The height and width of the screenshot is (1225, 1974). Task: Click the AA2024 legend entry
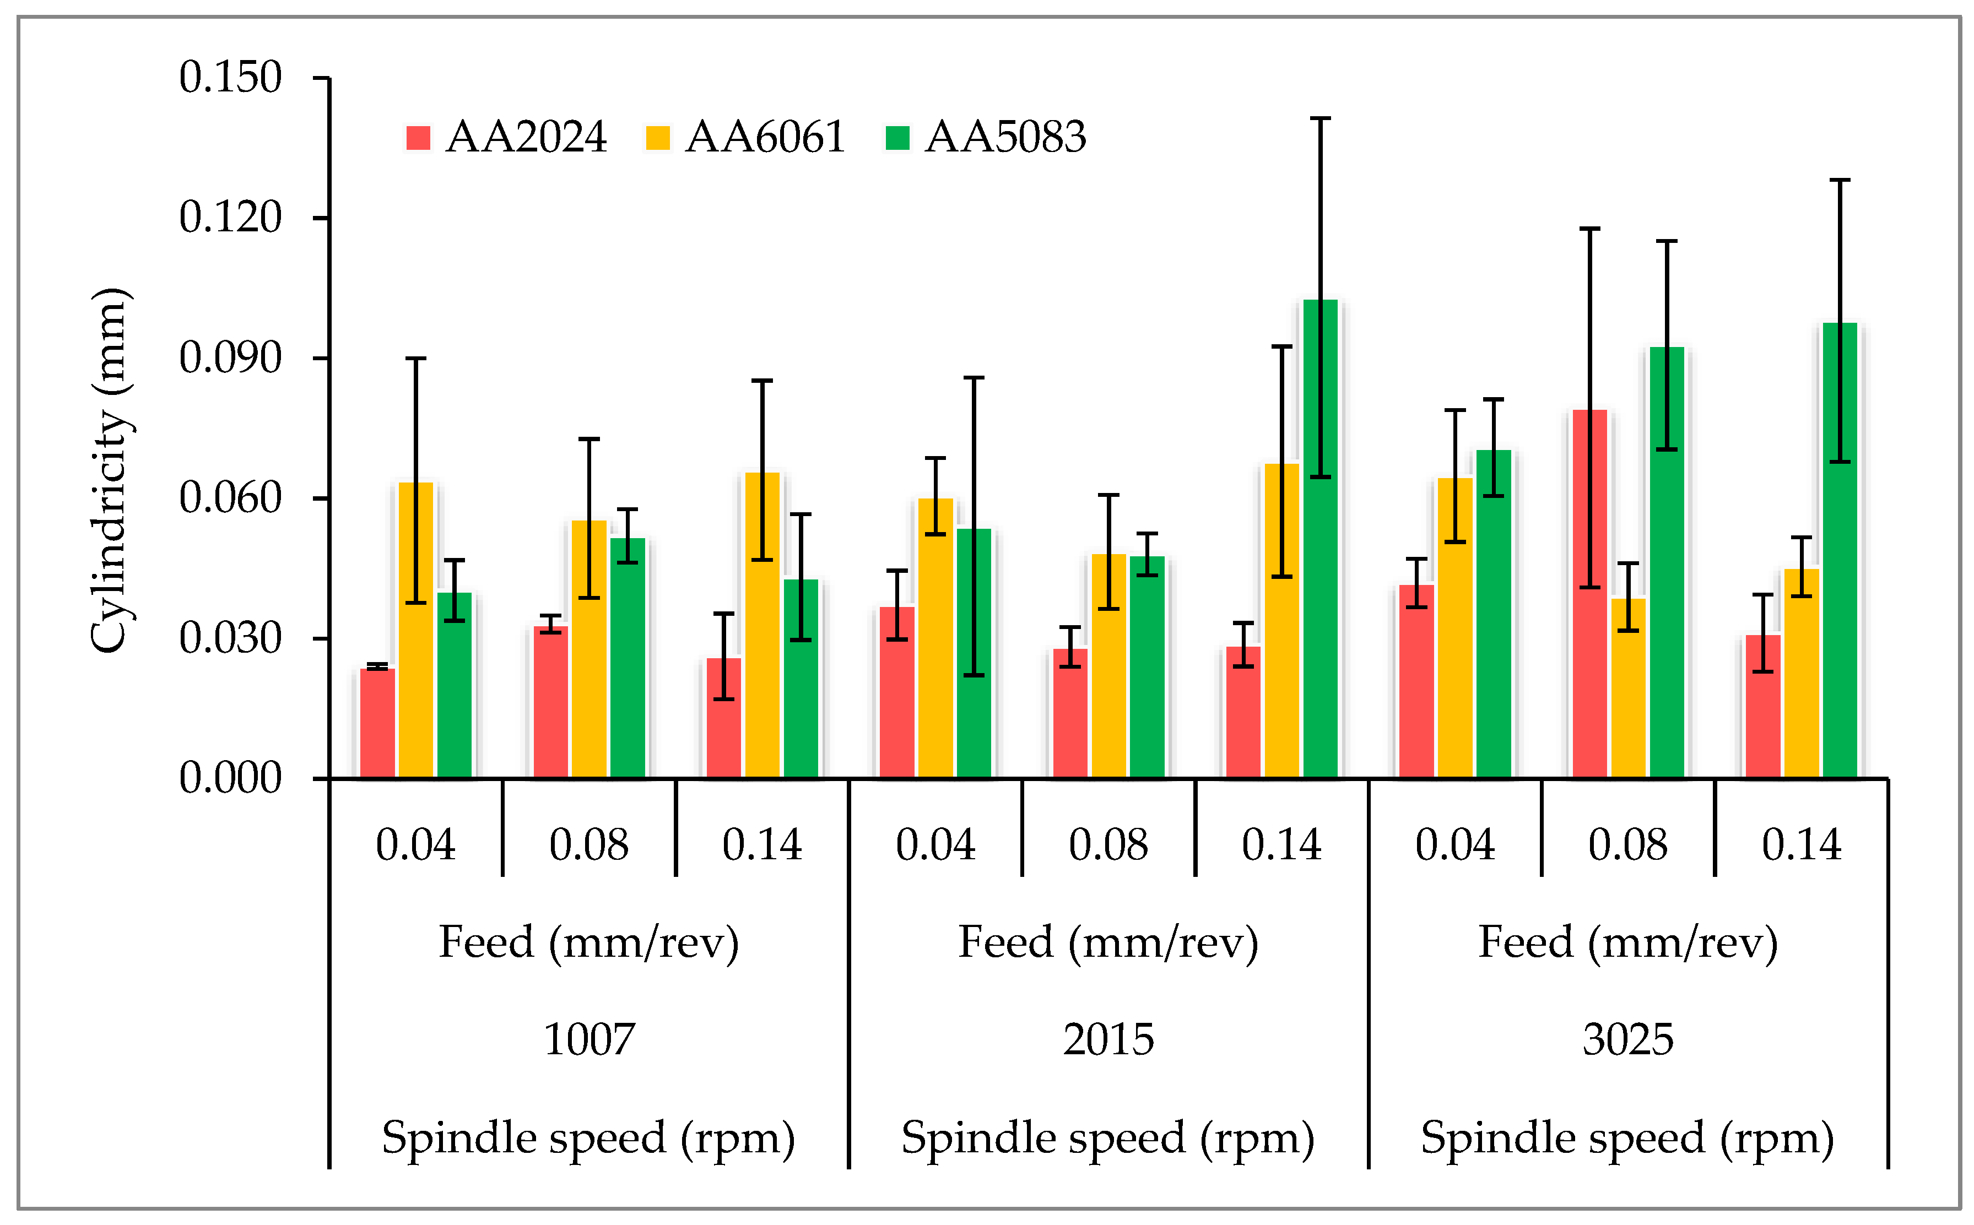pos(506,137)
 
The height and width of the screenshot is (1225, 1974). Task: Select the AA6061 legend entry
pos(745,137)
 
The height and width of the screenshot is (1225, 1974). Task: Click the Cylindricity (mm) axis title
pos(110,470)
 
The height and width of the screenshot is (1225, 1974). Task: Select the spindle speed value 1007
pos(589,1039)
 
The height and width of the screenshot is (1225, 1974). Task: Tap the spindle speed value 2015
pos(1108,1039)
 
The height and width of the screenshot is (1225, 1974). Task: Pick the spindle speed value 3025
pos(1628,1039)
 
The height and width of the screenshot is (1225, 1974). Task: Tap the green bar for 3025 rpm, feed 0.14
pos(1840,551)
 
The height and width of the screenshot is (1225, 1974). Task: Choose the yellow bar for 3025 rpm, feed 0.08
pos(1628,688)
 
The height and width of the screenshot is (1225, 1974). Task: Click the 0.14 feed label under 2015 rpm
pos(1281,845)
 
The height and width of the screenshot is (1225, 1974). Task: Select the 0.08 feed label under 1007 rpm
pos(589,845)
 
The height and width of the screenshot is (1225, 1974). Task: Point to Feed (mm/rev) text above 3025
pos(1628,942)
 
